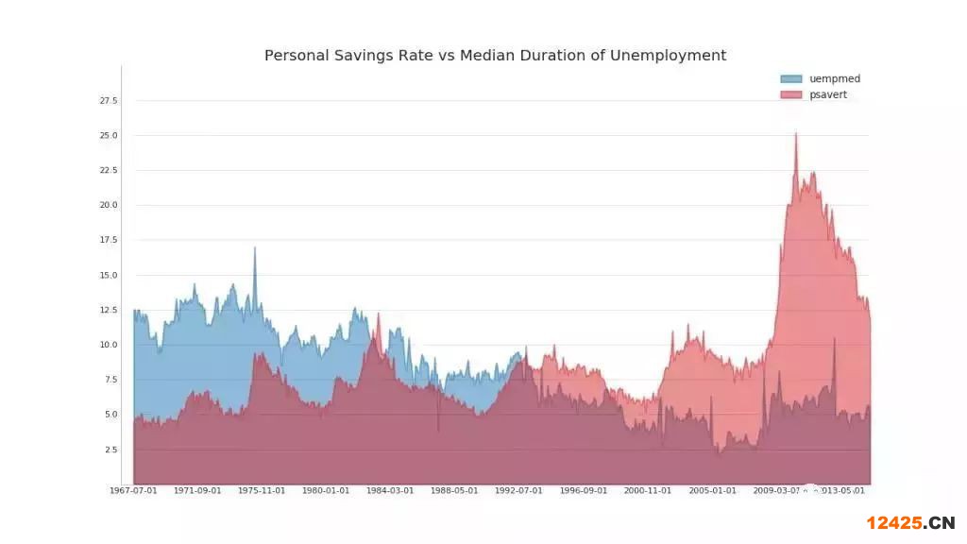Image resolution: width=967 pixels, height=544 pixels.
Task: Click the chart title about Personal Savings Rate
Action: (x=495, y=56)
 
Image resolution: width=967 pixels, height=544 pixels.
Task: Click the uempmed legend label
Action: (x=835, y=79)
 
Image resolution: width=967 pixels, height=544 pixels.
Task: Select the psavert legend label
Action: (x=828, y=95)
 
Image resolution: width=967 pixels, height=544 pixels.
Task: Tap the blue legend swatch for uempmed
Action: (x=790, y=79)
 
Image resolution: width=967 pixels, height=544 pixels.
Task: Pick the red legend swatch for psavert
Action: (x=790, y=95)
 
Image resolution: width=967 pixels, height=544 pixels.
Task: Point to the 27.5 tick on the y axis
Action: (x=109, y=101)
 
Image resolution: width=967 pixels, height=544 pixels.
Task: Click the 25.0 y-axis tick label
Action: (x=109, y=136)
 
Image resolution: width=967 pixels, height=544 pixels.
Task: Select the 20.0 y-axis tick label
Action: (x=109, y=206)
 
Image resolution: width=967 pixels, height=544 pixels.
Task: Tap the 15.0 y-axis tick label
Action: (x=109, y=276)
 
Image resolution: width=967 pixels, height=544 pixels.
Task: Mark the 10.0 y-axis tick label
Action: (x=109, y=346)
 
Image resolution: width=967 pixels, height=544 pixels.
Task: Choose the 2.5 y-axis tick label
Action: (x=110, y=450)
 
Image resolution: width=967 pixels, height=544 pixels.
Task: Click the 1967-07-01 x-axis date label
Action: (x=133, y=491)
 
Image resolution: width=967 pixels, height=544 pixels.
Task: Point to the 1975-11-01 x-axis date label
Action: (x=262, y=491)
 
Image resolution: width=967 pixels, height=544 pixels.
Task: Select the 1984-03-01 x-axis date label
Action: (x=390, y=491)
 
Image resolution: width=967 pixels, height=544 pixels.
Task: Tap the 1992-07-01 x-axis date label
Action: (x=518, y=491)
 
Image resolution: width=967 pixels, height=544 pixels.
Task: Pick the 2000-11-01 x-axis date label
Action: (x=648, y=491)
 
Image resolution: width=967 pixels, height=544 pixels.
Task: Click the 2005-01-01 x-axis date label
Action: (x=712, y=491)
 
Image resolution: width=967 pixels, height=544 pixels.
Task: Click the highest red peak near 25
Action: (x=795, y=135)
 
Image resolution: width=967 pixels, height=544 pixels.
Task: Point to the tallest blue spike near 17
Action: (x=254, y=249)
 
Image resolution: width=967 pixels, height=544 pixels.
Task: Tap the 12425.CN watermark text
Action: (x=910, y=523)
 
